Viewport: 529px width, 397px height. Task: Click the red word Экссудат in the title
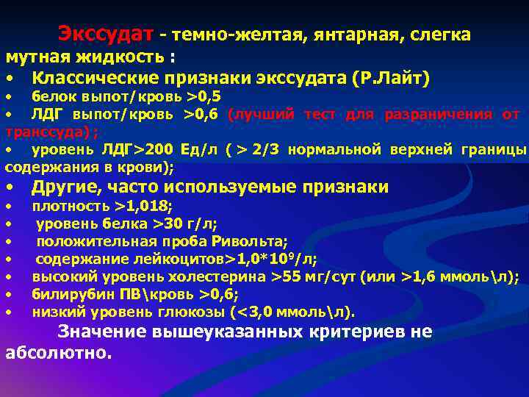click(x=106, y=35)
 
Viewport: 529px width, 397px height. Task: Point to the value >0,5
click(x=204, y=97)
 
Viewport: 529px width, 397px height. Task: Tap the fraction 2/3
click(x=265, y=150)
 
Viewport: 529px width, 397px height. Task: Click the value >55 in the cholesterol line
click(x=285, y=276)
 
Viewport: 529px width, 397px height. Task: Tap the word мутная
click(x=35, y=57)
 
